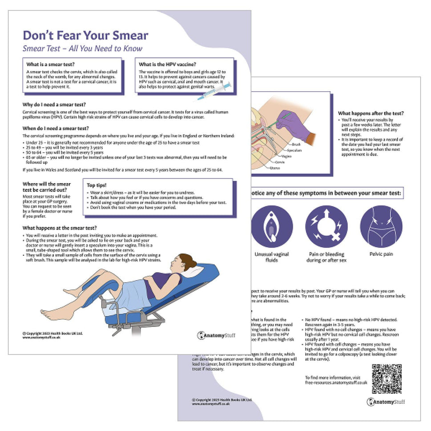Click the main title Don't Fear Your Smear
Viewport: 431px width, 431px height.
tap(85, 36)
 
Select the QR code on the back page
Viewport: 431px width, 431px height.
tap(387, 379)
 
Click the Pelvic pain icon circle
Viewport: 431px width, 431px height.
tap(381, 226)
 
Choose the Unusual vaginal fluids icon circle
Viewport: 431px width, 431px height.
tap(272, 226)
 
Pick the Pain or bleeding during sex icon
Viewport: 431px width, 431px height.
tap(326, 226)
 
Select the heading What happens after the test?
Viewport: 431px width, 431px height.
tap(371, 113)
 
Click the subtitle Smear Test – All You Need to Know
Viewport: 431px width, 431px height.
tap(82, 48)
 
